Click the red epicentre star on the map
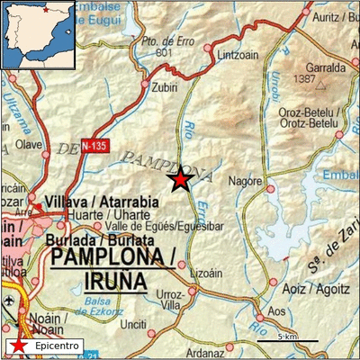pyautogui.click(x=181, y=179)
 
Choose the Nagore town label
pyautogui.click(x=245, y=181)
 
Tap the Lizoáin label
pyautogui.click(x=207, y=272)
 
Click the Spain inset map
pyautogui.click(x=37, y=34)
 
